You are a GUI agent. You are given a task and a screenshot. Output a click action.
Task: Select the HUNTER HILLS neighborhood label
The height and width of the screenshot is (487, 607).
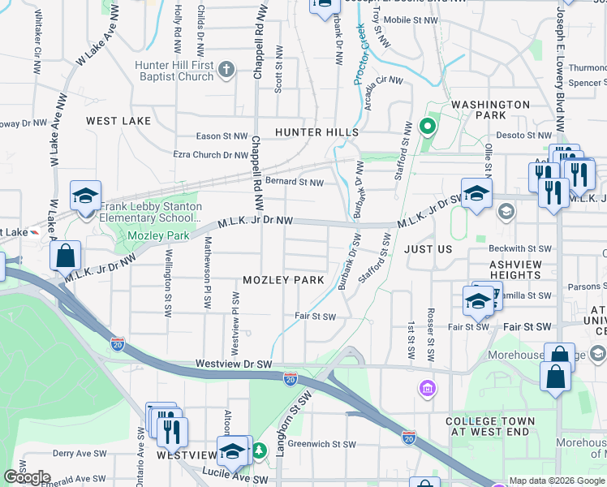316,132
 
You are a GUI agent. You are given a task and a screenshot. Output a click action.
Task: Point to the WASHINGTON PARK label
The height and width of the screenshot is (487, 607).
490,111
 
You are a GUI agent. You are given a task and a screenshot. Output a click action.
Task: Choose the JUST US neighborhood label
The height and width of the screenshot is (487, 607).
428,250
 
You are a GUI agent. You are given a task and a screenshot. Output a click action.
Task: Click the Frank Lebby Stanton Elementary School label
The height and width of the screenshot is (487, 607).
150,213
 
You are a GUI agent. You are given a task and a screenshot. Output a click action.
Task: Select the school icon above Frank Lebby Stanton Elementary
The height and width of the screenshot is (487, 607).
85,196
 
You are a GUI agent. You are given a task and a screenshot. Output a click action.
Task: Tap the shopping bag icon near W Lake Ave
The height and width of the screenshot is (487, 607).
65,256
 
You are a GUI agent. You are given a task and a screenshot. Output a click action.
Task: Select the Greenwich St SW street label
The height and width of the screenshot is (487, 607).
322,444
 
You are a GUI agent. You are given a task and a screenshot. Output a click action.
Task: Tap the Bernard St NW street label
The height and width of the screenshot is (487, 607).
295,183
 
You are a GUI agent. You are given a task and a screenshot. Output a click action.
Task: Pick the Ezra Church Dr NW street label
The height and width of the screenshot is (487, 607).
210,154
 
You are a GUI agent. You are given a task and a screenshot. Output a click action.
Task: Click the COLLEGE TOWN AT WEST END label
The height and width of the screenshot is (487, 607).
489,427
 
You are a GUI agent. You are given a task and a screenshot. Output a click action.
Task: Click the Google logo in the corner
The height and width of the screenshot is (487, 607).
27,477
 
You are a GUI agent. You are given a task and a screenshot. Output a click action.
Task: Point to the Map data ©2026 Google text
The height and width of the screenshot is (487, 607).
557,481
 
